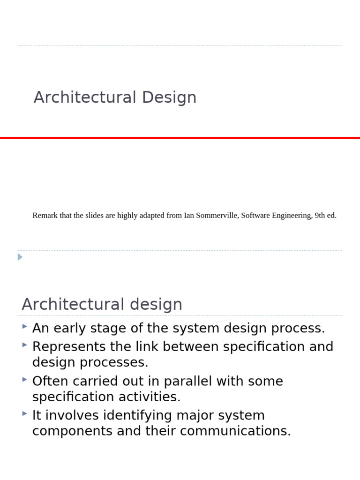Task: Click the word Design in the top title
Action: coord(169,97)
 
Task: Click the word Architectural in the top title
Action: coord(85,97)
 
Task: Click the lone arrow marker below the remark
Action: coord(20,257)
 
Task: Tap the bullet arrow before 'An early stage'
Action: coord(24,326)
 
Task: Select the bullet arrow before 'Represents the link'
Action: coord(24,345)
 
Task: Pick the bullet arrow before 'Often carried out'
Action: coord(24,379)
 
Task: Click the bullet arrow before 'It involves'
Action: coord(24,413)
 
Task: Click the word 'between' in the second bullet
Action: coord(191,347)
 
